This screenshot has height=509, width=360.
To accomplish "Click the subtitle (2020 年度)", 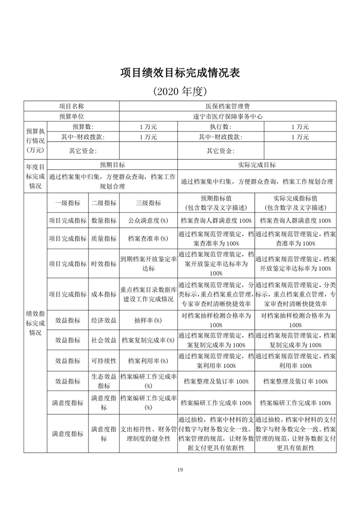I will (x=180, y=91).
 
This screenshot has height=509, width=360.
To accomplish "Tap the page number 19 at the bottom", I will (x=180, y=470).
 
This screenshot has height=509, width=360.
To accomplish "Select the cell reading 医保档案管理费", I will (x=227, y=106).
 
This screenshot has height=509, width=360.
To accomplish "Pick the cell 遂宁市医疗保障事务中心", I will (x=227, y=116).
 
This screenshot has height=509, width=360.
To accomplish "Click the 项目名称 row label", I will (x=71, y=106).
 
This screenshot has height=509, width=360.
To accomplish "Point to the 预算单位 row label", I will (x=71, y=116).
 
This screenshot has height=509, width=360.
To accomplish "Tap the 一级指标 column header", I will (x=68, y=203).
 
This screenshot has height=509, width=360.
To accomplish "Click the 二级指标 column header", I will (x=104, y=203).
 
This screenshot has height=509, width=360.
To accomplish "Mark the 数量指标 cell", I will (x=104, y=220).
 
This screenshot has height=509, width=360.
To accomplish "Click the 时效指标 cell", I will (x=104, y=264).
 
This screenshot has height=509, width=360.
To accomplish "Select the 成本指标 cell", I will (x=104, y=294).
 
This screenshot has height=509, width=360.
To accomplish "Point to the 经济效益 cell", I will (x=104, y=320).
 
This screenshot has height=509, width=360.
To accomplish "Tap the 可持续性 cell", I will (x=104, y=361).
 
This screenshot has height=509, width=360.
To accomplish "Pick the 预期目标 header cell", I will (x=112, y=165).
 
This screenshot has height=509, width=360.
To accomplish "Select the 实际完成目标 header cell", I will (x=256, y=165).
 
